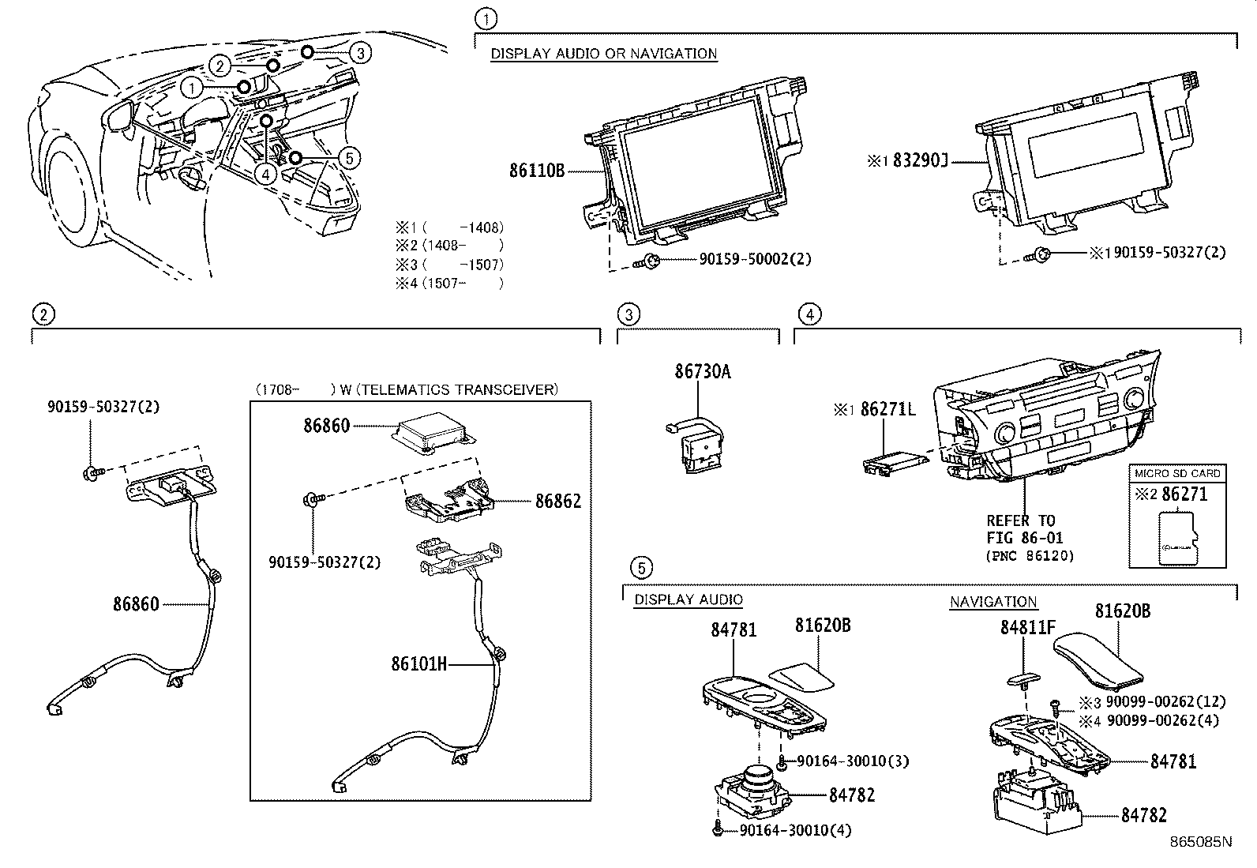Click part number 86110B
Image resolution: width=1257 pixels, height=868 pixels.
[x=537, y=170]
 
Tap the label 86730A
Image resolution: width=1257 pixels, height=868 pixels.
[x=702, y=371]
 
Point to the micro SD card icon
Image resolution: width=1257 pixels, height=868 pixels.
[x=1177, y=538]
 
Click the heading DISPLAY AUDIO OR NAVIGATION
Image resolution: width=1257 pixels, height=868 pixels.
[x=604, y=54]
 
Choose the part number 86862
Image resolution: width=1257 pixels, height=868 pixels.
[x=557, y=501]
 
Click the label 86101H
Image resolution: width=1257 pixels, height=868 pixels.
[x=418, y=664]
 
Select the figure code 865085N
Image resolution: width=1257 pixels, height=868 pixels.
[x=1200, y=841]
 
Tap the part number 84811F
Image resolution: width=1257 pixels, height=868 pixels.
[x=1027, y=627]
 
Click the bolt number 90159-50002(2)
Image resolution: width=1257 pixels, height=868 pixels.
[x=755, y=259]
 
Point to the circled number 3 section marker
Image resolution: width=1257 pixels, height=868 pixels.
[x=628, y=315]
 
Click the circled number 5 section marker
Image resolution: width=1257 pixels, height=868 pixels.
[x=642, y=567]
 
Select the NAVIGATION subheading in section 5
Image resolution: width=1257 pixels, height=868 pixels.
[x=992, y=602]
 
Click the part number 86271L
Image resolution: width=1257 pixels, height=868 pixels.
[x=887, y=409]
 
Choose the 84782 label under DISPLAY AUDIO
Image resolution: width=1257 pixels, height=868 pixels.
[x=852, y=795]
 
